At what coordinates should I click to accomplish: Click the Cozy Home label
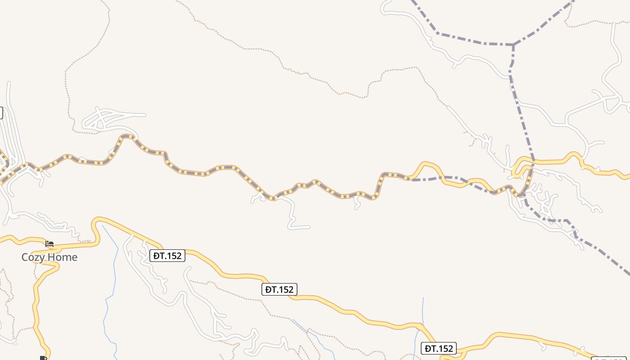(49, 257)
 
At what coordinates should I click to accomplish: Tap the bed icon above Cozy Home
(49, 244)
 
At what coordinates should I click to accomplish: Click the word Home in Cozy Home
(63, 257)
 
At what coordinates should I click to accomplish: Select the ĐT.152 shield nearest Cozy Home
(167, 256)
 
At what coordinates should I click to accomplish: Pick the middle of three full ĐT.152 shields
(279, 289)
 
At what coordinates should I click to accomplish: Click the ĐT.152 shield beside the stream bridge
(439, 348)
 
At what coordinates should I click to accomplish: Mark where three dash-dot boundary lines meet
(513, 45)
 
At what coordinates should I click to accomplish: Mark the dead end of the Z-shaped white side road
(309, 227)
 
